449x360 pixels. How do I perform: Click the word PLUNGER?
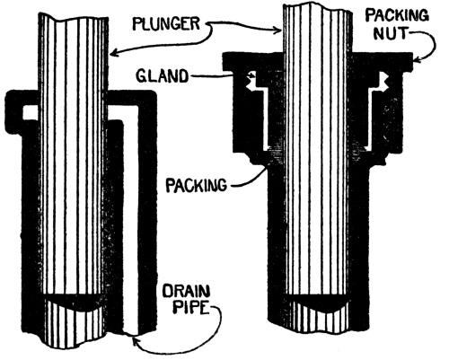[x=166, y=23]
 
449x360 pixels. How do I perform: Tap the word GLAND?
[x=163, y=76]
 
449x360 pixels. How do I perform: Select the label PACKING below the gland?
[x=197, y=185]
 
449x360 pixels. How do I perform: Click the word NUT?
[x=391, y=33]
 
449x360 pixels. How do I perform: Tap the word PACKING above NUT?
[x=398, y=15]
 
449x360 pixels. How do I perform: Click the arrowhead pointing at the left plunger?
[x=113, y=54]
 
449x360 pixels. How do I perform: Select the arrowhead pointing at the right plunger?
[x=278, y=30]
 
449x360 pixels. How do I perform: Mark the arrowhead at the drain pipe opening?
[x=135, y=340]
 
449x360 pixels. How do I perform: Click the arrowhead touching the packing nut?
[x=417, y=61]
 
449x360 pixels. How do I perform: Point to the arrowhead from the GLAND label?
[x=252, y=75]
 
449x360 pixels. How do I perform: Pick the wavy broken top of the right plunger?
[x=317, y=8]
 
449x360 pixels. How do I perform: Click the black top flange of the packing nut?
[x=318, y=61]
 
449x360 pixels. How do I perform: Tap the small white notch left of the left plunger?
[x=30, y=112]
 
